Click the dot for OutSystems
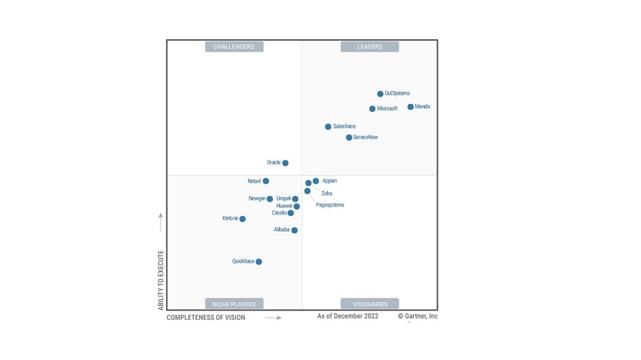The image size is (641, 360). tap(380, 94)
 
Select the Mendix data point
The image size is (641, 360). tap(410, 107)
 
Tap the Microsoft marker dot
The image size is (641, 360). tap(372, 109)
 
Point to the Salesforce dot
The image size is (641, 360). tap(328, 127)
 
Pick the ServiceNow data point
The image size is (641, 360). tap(349, 138)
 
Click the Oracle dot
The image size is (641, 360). tap(285, 163)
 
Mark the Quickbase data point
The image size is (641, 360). tap(259, 262)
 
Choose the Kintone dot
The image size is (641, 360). tap(242, 219)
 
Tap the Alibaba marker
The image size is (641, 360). tap(294, 231)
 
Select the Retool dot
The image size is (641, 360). tap(266, 181)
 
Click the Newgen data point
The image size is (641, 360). tap(270, 199)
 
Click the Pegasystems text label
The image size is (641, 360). tap(330, 205)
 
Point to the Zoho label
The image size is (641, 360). tap(327, 193)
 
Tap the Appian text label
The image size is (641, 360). tap(329, 181)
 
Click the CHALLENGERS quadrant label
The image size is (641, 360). tap(234, 47)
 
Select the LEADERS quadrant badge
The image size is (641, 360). tap(370, 47)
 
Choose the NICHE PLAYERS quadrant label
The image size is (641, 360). tap(234, 304)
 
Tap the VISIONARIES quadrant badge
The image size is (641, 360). tap(370, 304)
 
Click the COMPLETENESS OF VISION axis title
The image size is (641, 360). tap(206, 318)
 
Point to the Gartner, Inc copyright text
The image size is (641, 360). tap(418, 316)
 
